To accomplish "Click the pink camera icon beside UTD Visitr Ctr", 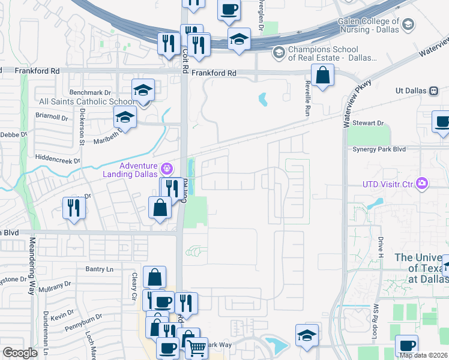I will pos(423,183).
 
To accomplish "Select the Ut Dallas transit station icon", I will pos(433,91).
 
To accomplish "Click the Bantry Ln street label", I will pos(99,269).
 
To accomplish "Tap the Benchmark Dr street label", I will pos(91,92).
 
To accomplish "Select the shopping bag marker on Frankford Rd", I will pos(323,76).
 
